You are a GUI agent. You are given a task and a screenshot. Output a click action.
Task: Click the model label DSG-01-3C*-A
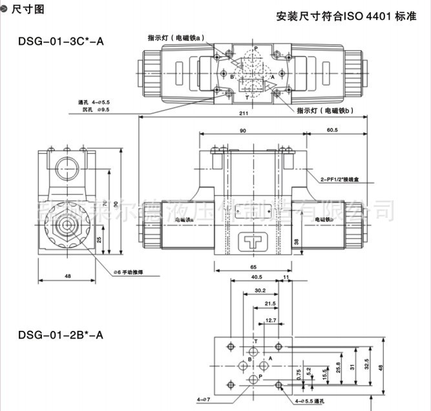point(61,41)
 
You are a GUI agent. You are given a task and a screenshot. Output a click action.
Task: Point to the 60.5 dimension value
point(332,131)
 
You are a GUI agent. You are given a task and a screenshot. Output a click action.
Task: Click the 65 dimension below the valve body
point(253,266)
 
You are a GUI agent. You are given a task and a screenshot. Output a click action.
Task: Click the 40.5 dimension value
point(257,277)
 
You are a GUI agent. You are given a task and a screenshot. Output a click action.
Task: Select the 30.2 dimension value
point(259,291)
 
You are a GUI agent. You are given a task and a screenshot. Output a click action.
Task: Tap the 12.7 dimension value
point(271,320)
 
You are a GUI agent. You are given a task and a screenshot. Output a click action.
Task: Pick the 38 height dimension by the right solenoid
point(297,242)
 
